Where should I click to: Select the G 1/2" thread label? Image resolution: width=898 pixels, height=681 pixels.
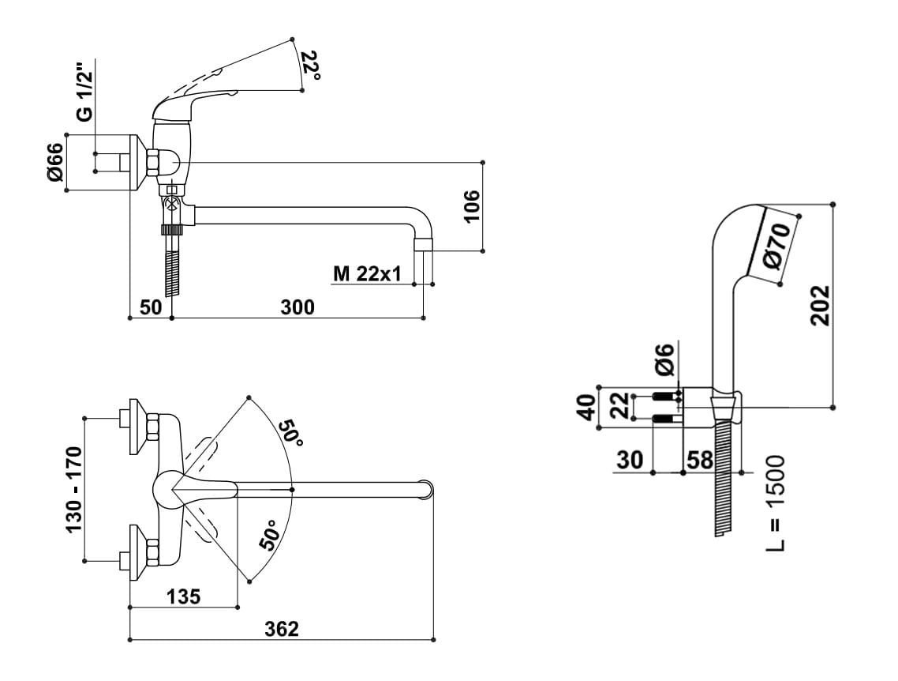tap(84, 92)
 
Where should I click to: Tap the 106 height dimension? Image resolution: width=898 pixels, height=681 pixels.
tap(471, 206)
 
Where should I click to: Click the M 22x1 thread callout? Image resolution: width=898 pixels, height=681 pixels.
tap(367, 274)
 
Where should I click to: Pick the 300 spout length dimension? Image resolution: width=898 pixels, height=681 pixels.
tap(297, 307)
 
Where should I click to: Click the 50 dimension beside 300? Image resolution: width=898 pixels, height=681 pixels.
tap(152, 307)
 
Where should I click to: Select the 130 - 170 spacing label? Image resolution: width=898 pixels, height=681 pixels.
tap(75, 489)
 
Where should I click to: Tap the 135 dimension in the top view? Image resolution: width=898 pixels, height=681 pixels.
tap(183, 596)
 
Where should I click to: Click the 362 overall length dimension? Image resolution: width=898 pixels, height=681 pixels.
tap(282, 629)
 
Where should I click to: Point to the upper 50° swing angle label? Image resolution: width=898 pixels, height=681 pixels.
tap(290, 434)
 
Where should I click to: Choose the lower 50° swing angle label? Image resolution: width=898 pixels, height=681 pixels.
tap(271, 536)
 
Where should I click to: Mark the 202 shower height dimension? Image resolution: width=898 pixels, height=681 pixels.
tap(820, 306)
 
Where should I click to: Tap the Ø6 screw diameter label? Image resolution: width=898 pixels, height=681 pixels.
tap(665, 359)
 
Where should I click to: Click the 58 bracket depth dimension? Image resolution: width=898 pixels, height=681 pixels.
tap(700, 460)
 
